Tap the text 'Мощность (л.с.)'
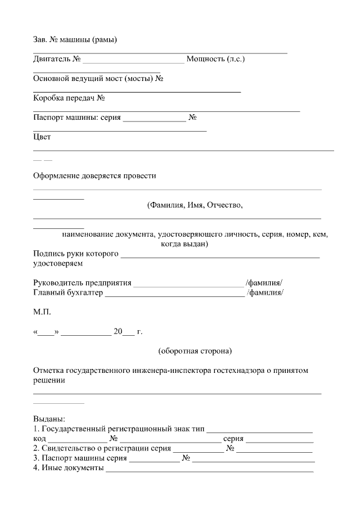click(215, 58)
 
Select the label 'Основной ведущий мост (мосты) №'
click(98, 78)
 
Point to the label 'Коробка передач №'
click(70, 98)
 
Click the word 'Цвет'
click(42, 137)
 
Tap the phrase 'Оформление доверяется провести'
click(94, 175)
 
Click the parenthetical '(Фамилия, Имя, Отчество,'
click(195, 205)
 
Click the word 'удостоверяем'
click(58, 263)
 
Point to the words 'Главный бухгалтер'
click(68, 292)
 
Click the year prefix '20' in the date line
click(118, 332)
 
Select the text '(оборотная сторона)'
click(195, 352)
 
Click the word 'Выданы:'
click(49, 419)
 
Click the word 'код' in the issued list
click(39, 438)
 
